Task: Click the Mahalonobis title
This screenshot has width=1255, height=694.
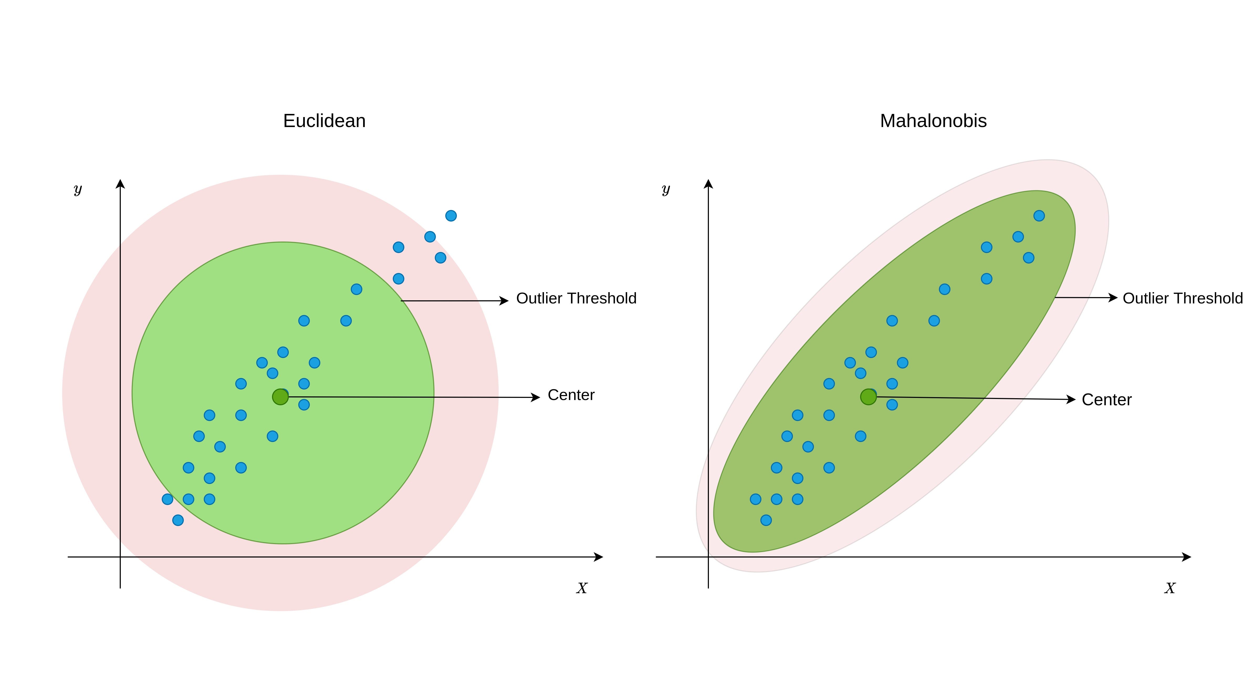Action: [x=933, y=121]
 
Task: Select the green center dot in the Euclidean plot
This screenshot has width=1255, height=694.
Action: [x=280, y=397]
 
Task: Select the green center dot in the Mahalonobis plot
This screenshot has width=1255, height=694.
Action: [x=868, y=397]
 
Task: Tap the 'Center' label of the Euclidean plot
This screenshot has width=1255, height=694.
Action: [x=571, y=395]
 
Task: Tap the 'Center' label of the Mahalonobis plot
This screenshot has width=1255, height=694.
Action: [x=1106, y=400]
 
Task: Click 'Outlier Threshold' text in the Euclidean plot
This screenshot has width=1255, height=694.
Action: [x=576, y=298]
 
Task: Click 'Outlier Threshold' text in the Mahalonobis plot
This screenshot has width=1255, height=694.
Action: [x=1183, y=298]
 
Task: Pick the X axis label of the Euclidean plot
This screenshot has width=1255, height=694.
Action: [x=582, y=588]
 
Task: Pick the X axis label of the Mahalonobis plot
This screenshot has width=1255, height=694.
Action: [x=1170, y=588]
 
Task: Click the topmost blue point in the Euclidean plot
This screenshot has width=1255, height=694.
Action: [x=451, y=216]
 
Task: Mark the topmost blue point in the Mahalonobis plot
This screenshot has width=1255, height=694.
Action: [x=1039, y=216]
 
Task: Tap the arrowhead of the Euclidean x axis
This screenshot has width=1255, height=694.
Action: [x=599, y=557]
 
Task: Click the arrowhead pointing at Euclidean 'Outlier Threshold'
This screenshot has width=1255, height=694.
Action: [x=504, y=301]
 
